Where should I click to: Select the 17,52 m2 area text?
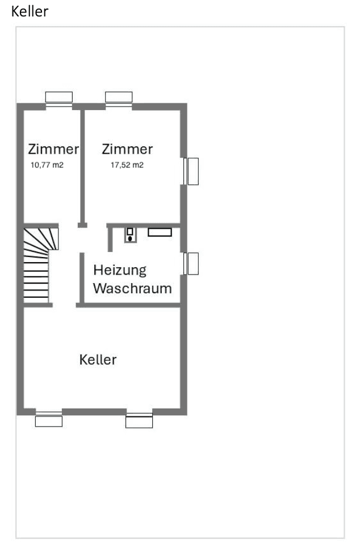tap(127, 166)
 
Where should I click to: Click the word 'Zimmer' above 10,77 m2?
tap(53, 150)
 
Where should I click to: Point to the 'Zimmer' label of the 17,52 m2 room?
tap(127, 149)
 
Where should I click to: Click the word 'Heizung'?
tap(120, 269)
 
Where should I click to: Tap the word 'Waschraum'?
tap(132, 288)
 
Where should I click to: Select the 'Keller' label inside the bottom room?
tap(98, 360)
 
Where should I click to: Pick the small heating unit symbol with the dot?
tap(131, 235)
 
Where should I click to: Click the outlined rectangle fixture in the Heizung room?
tap(160, 232)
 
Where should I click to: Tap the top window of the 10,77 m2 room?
tap(59, 99)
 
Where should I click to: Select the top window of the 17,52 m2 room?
tap(119, 99)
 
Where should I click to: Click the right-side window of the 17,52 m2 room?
tap(191, 171)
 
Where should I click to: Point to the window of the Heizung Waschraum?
tap(191, 264)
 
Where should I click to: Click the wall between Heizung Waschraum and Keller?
tap(131, 305)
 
